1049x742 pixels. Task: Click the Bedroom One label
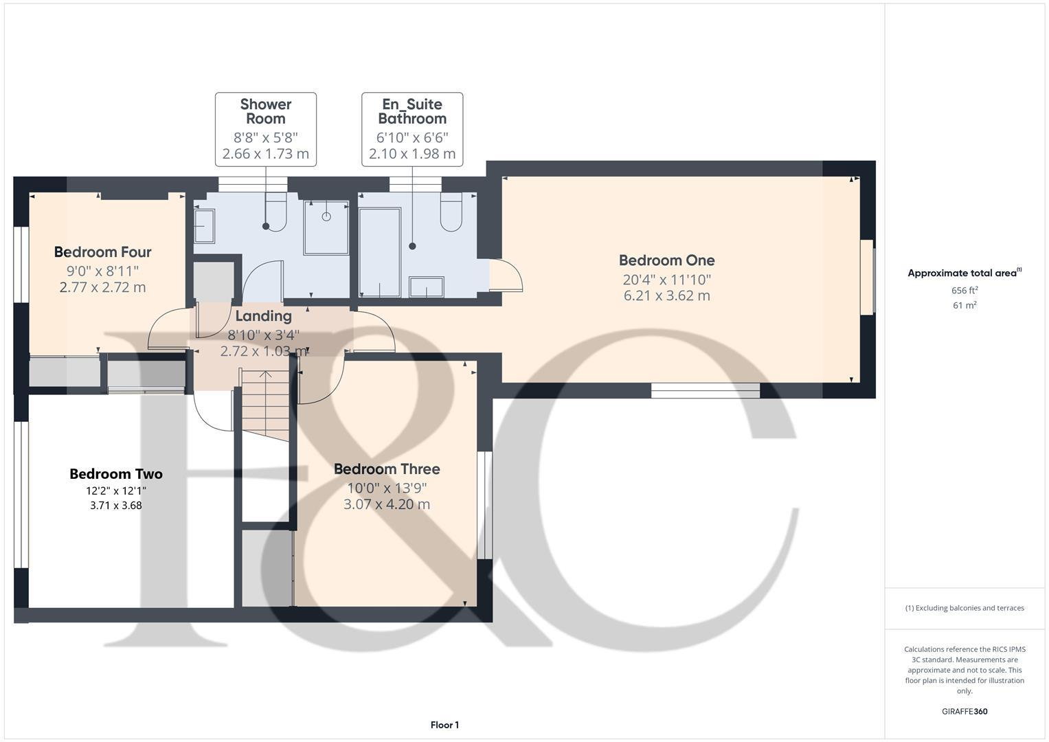[x=666, y=260]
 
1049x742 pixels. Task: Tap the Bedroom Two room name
[x=115, y=474]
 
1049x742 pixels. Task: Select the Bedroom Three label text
[x=387, y=469]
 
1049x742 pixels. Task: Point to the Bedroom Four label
[x=102, y=252]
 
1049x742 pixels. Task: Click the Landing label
[x=263, y=316]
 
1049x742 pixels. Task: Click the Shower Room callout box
[x=266, y=129]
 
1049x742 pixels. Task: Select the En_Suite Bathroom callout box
[x=412, y=129]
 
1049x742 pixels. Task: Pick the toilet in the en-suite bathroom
[x=451, y=212]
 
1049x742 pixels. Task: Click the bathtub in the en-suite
[x=380, y=252]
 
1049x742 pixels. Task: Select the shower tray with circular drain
[x=326, y=227]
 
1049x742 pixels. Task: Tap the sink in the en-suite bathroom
[x=426, y=287]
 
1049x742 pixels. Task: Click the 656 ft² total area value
[x=965, y=291]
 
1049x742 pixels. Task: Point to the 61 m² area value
[x=965, y=306]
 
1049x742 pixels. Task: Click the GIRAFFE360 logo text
[x=964, y=712]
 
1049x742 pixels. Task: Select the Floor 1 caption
[x=444, y=725]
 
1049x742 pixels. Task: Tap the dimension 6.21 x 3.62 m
[x=666, y=296]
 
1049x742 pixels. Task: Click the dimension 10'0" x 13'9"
[x=387, y=488]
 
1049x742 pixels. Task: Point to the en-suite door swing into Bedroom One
[x=507, y=275]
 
